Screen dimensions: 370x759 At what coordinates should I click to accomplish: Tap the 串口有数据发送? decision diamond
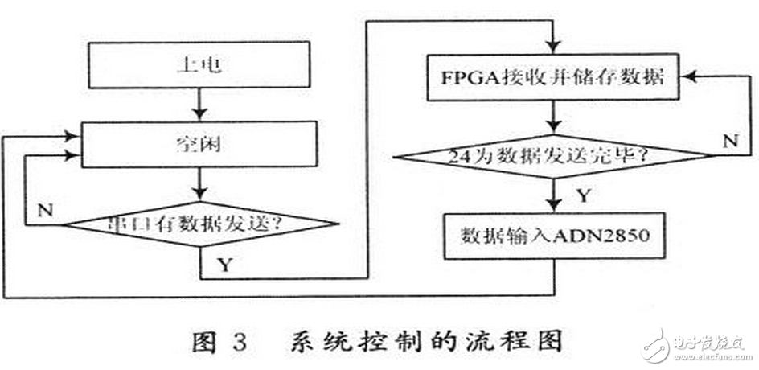[198, 225]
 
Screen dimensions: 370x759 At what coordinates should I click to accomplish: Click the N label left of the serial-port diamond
[47, 212]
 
